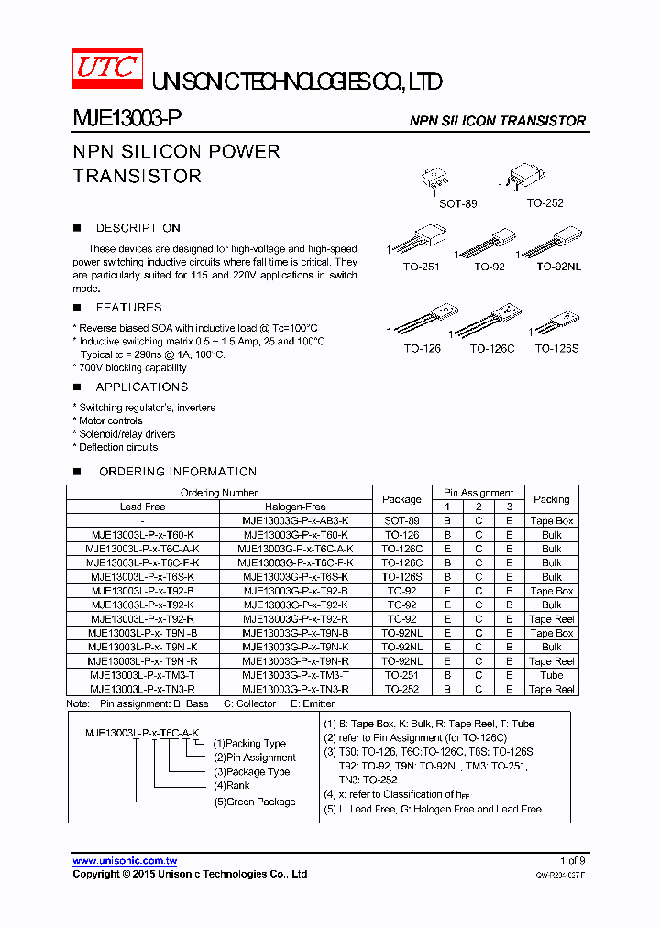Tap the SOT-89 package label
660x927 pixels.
pyautogui.click(x=457, y=203)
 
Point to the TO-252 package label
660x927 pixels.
pyautogui.click(x=544, y=202)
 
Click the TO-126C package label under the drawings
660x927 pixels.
pyautogui.click(x=492, y=348)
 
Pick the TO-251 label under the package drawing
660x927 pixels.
pyautogui.click(x=422, y=267)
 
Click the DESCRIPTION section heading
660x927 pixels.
pyautogui.click(x=138, y=228)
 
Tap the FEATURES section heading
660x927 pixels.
pyautogui.click(x=128, y=308)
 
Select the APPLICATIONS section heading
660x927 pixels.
pyautogui.click(x=142, y=387)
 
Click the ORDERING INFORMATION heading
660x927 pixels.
pyautogui.click(x=178, y=472)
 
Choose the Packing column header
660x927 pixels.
pyautogui.click(x=551, y=499)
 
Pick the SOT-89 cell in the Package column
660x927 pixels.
pyautogui.click(x=401, y=520)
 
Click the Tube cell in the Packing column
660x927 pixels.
pyautogui.click(x=551, y=675)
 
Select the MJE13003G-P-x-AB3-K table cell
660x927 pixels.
pyautogui.click(x=295, y=520)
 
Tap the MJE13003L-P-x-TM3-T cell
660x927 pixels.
pyautogui.click(x=142, y=675)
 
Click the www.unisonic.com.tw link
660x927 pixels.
pyautogui.click(x=125, y=861)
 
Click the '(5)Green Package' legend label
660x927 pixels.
pyautogui.click(x=255, y=802)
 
